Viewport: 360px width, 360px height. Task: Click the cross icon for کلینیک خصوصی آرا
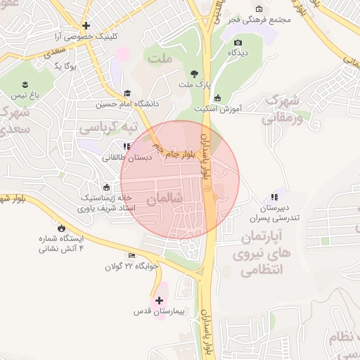tap(86, 25)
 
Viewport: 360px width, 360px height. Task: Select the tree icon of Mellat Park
tap(195, 72)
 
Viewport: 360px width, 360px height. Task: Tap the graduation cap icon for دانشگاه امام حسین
tap(127, 93)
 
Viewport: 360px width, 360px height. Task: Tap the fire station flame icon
tap(62, 228)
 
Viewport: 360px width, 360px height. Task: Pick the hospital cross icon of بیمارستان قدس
tap(160, 300)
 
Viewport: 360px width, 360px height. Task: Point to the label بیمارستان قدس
tap(159, 311)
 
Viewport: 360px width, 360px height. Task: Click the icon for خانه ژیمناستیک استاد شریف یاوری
tap(106, 187)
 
